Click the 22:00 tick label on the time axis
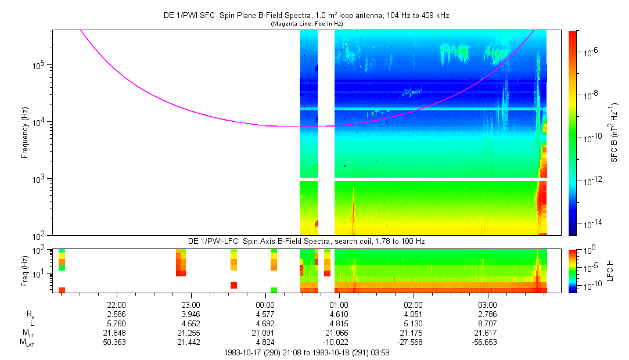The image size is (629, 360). [x=117, y=304]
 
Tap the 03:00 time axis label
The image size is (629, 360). [x=487, y=304]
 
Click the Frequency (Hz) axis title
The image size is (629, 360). [x=24, y=134]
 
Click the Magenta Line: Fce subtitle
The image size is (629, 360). [x=306, y=23]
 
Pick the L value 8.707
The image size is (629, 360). [x=487, y=323]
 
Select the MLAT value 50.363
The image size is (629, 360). [x=117, y=343]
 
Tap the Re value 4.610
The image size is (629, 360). [x=339, y=314]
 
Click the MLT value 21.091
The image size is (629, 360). [x=265, y=333]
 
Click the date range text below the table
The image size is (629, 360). [x=306, y=352]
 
